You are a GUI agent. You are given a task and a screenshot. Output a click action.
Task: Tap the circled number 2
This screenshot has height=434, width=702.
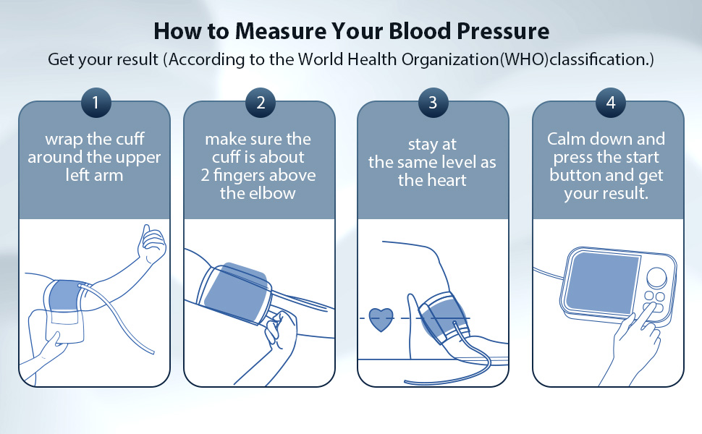(x=261, y=103)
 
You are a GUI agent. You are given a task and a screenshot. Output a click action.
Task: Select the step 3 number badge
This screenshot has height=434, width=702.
(x=433, y=103)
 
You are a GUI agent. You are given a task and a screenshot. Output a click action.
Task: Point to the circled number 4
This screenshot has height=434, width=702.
(x=611, y=103)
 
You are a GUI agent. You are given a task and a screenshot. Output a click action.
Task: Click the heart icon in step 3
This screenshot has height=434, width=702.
(x=381, y=318)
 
